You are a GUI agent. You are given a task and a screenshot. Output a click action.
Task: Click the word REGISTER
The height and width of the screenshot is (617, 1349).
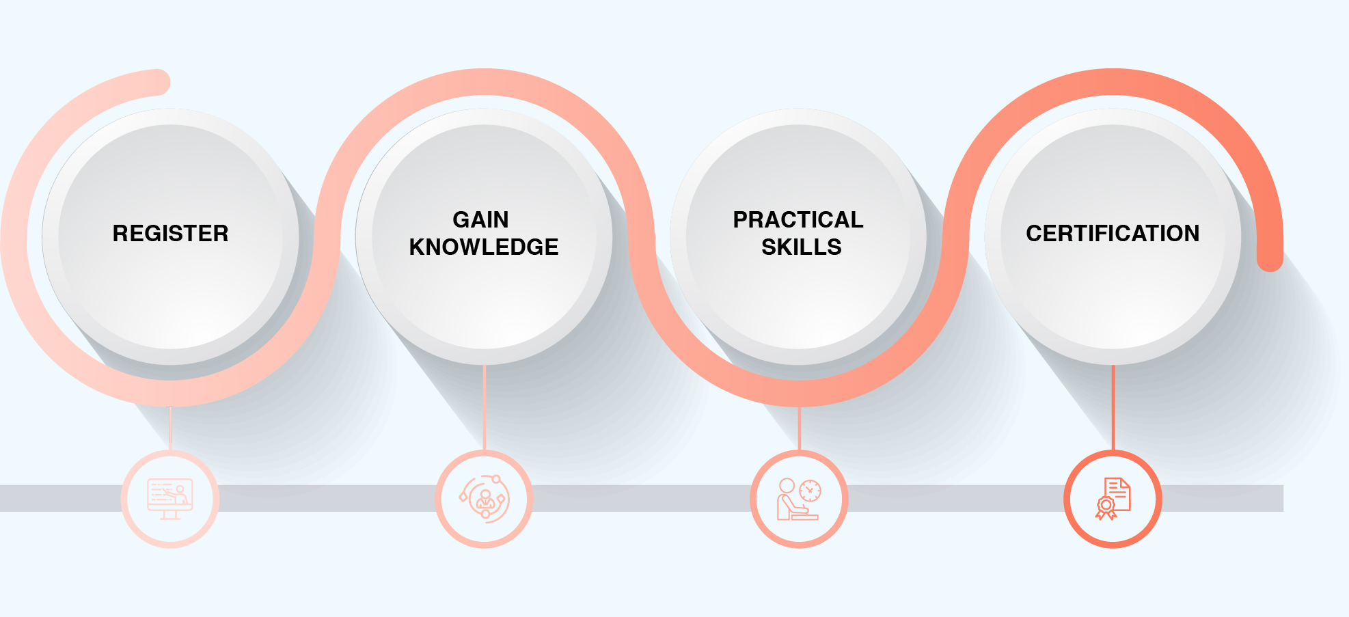click(171, 233)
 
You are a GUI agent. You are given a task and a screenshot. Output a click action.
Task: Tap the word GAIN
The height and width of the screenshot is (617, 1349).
click(480, 219)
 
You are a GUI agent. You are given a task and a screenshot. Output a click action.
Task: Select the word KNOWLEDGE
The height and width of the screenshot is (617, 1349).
click(484, 247)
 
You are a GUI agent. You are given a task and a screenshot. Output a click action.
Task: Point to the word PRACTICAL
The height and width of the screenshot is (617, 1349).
click(798, 219)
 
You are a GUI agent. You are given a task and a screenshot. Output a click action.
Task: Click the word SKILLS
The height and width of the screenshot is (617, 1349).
click(802, 247)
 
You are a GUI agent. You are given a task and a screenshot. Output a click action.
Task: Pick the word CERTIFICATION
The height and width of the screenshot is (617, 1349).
click(1113, 233)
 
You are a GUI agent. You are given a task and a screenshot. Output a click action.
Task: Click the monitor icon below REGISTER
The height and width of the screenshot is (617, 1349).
click(170, 499)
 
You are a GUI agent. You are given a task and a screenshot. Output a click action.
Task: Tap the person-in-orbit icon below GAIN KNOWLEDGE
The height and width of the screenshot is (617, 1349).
click(485, 499)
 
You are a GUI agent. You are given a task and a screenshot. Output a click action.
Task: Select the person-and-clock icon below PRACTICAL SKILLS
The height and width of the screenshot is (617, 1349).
click(799, 499)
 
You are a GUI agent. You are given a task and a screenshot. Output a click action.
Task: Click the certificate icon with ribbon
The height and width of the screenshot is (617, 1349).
click(1113, 499)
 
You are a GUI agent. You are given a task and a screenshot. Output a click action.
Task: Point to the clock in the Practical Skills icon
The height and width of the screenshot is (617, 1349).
click(810, 491)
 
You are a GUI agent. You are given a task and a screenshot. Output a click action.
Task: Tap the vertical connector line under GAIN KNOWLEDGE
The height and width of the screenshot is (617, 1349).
click(485, 407)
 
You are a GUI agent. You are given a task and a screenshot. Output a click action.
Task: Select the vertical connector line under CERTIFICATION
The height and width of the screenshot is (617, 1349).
click(1113, 407)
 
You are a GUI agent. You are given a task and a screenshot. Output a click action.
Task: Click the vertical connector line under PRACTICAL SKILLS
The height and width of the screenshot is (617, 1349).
click(799, 428)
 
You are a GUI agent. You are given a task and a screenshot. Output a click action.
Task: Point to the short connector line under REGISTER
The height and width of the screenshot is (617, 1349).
click(170, 428)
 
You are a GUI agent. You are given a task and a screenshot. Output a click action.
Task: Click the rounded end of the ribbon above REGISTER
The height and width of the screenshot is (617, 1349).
click(158, 82)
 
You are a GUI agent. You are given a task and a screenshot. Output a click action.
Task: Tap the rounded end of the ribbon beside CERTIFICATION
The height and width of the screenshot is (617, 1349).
click(1270, 258)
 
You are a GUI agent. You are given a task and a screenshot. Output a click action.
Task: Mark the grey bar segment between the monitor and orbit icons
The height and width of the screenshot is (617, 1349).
click(327, 498)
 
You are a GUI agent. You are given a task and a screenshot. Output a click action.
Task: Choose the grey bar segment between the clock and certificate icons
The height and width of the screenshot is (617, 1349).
click(956, 498)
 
